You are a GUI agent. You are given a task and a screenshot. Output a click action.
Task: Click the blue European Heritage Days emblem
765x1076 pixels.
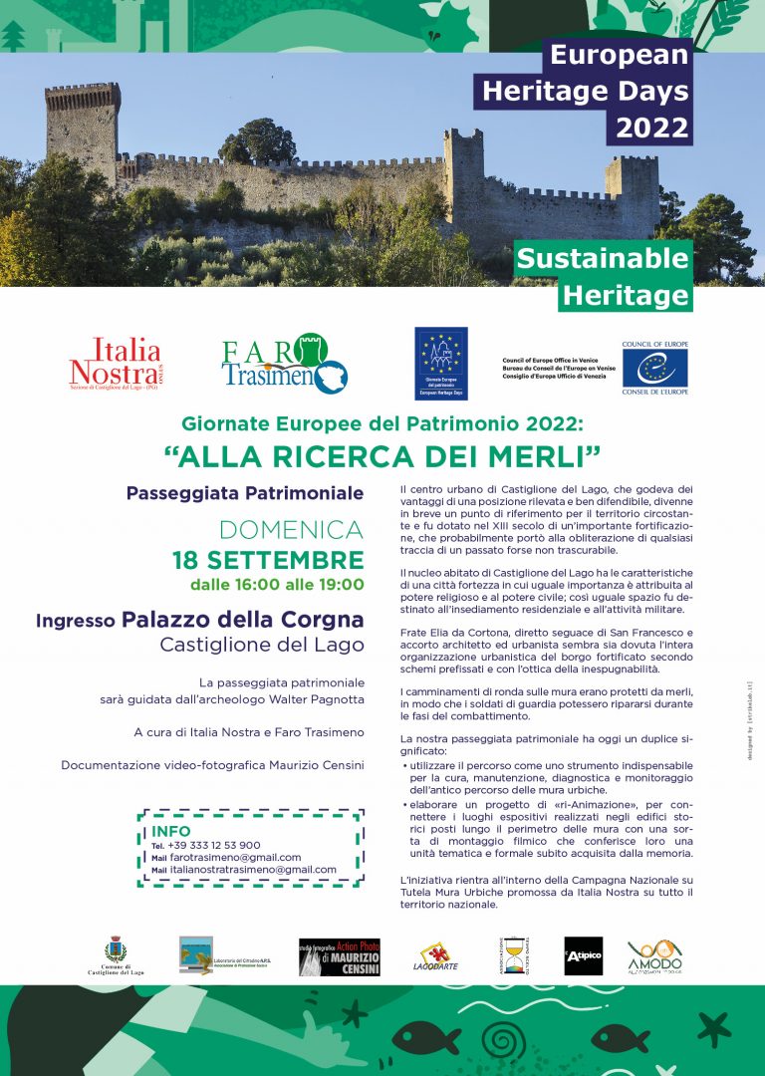click(x=441, y=364)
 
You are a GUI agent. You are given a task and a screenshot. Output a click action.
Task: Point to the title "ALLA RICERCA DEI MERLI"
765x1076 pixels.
click(x=382, y=455)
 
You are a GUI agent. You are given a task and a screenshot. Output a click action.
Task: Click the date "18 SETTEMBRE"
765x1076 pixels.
click(x=268, y=559)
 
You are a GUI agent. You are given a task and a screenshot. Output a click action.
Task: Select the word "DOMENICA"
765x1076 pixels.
click(x=291, y=530)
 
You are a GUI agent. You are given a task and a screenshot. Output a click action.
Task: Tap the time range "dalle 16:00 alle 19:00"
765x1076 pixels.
click(x=277, y=585)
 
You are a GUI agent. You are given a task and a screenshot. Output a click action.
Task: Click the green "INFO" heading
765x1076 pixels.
click(x=171, y=831)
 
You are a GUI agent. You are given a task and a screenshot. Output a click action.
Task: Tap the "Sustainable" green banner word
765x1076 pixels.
click(x=602, y=259)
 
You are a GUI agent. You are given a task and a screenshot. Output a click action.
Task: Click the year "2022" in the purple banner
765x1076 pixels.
click(x=651, y=128)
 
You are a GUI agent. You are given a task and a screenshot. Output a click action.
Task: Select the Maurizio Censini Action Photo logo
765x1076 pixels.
click(x=339, y=956)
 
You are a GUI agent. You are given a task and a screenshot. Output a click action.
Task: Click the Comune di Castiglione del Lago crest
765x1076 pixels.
click(x=116, y=949)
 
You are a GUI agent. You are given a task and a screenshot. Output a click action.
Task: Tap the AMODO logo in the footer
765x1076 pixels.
click(x=654, y=957)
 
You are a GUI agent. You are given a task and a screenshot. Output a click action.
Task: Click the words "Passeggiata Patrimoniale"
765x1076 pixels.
click(x=245, y=493)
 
